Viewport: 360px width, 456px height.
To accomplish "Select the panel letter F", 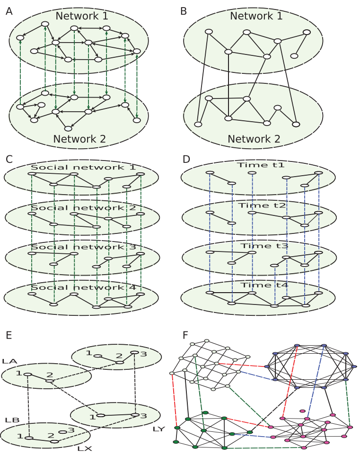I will (x=186, y=335).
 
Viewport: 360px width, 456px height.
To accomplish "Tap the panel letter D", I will (x=186, y=159).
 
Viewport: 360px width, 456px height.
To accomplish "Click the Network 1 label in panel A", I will (x=81, y=16).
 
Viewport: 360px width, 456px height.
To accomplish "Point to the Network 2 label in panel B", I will (x=254, y=139).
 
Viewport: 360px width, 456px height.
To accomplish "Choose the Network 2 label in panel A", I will (x=79, y=139).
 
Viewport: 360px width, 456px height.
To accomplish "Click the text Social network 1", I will (x=83, y=167).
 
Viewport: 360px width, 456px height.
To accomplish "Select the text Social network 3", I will (x=83, y=247).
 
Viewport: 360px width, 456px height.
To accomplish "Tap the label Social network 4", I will (x=83, y=287).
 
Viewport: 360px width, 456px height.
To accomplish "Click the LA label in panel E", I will (x=9, y=361).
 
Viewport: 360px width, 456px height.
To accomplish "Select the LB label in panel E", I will (x=11, y=420).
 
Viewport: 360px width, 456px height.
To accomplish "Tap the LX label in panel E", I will (x=84, y=447).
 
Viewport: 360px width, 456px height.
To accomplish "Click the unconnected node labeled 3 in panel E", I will (x=62, y=431).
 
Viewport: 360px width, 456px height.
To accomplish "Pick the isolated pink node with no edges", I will (x=302, y=411).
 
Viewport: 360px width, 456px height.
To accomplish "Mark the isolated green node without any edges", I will (x=205, y=412).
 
